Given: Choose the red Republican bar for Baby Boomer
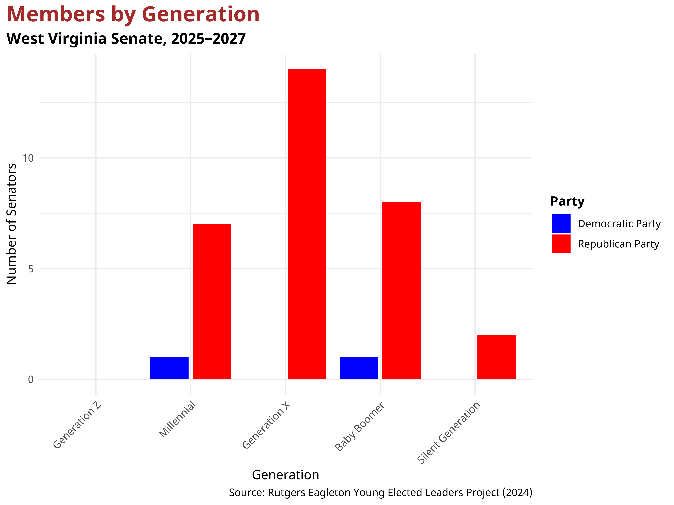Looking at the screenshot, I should click(x=401, y=291).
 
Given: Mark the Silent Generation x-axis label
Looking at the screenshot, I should click(x=449, y=433).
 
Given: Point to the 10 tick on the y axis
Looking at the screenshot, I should click(x=28, y=158).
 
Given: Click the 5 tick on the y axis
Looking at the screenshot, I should click(x=30, y=269).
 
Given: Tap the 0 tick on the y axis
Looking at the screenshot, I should click(x=30, y=380).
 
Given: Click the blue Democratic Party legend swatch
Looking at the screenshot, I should click(x=561, y=223).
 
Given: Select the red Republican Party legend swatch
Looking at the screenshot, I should click(x=561, y=244).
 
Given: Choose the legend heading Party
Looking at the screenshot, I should click(x=567, y=201).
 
